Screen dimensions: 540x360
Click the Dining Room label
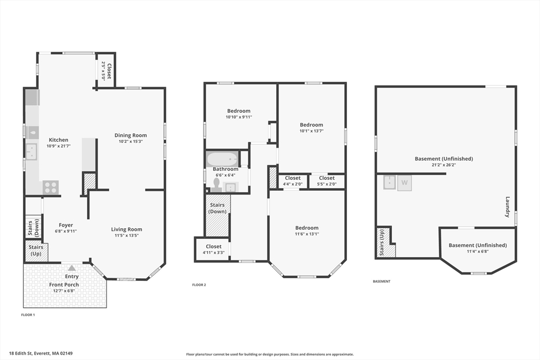point(131,135)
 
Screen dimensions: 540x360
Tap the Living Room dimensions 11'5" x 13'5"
point(127,236)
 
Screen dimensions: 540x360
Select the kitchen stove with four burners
point(51,188)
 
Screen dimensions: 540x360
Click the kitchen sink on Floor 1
point(32,152)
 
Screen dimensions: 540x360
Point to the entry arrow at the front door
point(72,268)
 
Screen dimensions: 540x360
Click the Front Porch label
point(64,285)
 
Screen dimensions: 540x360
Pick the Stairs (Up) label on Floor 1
point(36,250)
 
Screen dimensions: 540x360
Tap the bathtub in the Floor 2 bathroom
point(222,159)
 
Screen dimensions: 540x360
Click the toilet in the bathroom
point(216,185)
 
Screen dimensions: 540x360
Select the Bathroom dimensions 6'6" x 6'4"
point(226,175)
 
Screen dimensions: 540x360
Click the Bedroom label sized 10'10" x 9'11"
point(239,111)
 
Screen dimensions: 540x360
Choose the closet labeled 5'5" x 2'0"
point(326,181)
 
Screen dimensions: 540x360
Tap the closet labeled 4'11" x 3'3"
point(214,249)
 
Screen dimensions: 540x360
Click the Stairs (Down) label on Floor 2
point(217,208)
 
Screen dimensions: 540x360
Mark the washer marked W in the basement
point(404,183)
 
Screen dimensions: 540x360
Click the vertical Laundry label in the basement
point(507,207)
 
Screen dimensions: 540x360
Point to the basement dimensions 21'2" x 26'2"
point(443,165)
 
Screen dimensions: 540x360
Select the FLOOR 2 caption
point(199,285)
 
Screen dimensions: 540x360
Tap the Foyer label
point(65,225)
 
